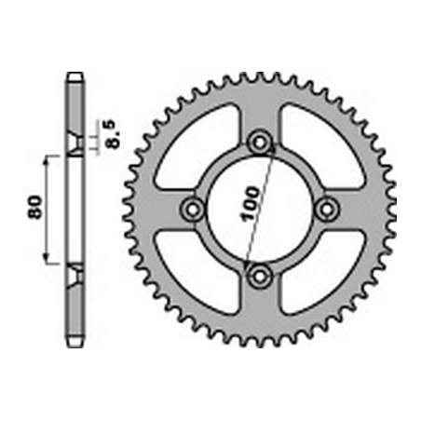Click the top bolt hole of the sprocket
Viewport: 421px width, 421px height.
pyautogui.click(x=260, y=143)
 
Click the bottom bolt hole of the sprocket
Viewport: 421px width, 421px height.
pyautogui.click(x=260, y=276)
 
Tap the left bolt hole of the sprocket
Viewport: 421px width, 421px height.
pyautogui.click(x=193, y=210)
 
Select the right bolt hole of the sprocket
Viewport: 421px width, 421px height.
pyautogui.click(x=327, y=210)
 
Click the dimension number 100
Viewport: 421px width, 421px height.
pyautogui.click(x=251, y=204)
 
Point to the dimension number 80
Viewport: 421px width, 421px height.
pyautogui.click(x=35, y=207)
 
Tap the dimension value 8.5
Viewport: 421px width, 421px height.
pyautogui.click(x=110, y=134)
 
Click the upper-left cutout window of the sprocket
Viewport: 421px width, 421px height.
pyautogui.click(x=196, y=147)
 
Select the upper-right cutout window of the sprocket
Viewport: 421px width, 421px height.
pyautogui.click(x=323, y=146)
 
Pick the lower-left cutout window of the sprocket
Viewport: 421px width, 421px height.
pyautogui.click(x=196, y=272)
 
